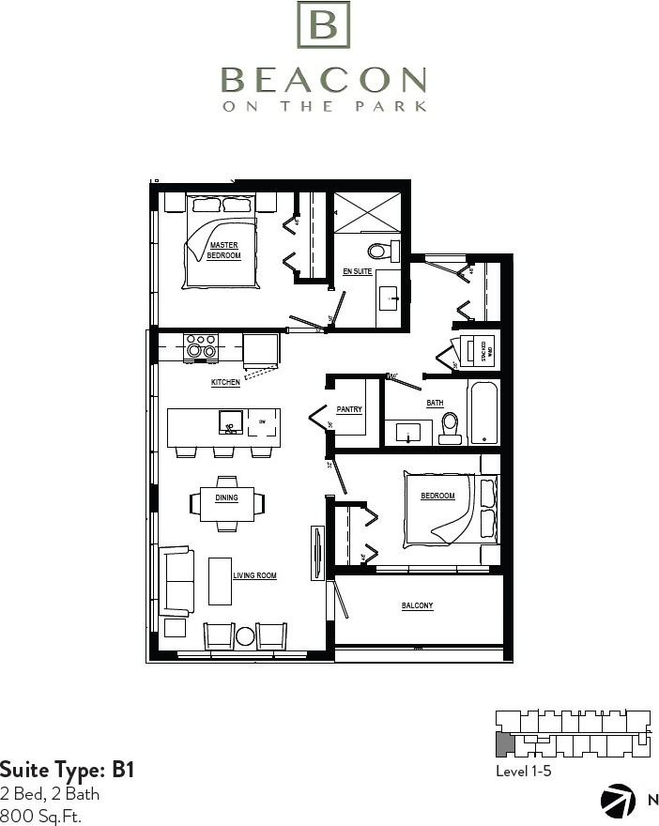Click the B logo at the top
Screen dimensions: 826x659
[323, 25]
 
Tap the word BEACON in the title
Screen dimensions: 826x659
[324, 80]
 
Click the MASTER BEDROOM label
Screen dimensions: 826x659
[223, 251]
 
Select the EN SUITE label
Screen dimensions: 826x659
[357, 272]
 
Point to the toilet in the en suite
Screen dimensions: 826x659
[381, 251]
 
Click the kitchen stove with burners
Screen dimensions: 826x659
[201, 348]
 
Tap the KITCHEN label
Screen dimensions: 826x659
[225, 383]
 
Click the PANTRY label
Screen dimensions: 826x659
[349, 410]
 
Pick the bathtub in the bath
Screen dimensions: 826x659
[483, 412]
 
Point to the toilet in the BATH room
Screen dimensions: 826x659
[451, 427]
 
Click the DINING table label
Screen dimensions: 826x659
[226, 498]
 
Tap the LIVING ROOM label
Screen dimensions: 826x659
[254, 575]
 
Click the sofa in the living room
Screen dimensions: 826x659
[176, 580]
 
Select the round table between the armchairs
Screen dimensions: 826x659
[245, 636]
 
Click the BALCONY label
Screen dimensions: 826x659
[417, 606]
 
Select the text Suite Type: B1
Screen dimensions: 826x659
[68, 771]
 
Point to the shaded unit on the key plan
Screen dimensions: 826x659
[504, 746]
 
